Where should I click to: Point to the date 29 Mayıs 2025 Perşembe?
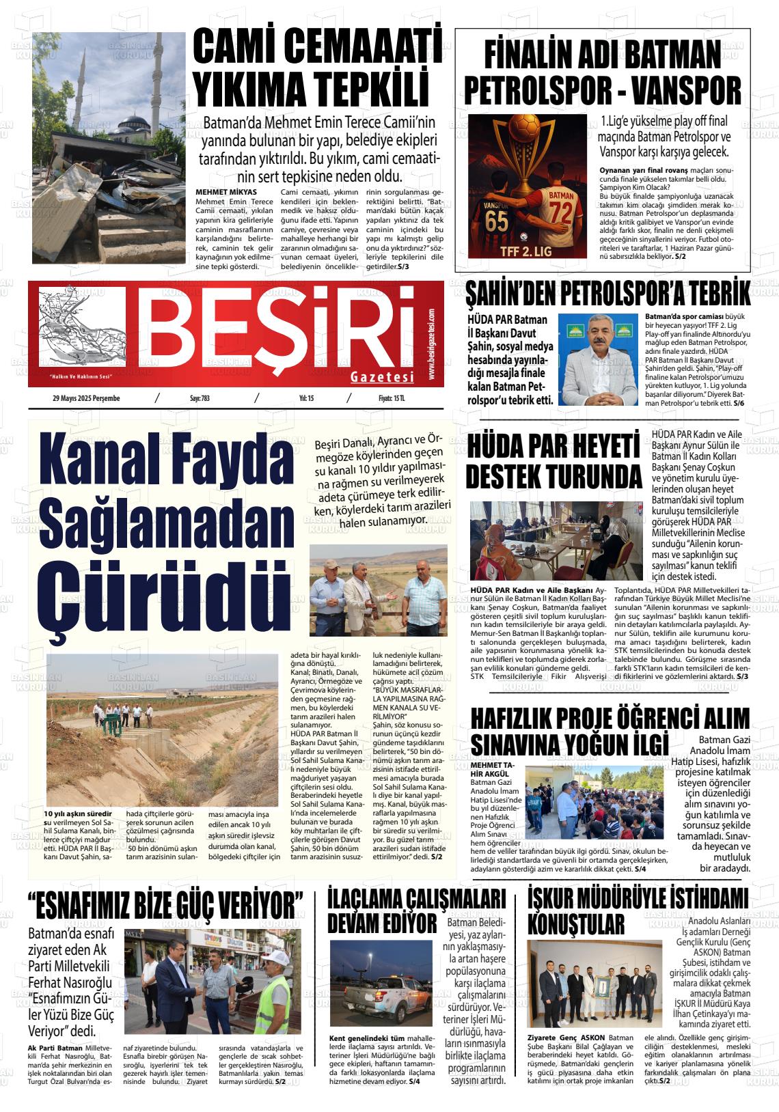tap(85, 398)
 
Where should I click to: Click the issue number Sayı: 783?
tap(200, 398)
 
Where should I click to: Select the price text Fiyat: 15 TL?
tap(392, 398)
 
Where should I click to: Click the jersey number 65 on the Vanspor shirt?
tap(497, 222)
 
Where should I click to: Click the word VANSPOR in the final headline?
tap(676, 89)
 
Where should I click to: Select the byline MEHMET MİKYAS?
tap(226, 192)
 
